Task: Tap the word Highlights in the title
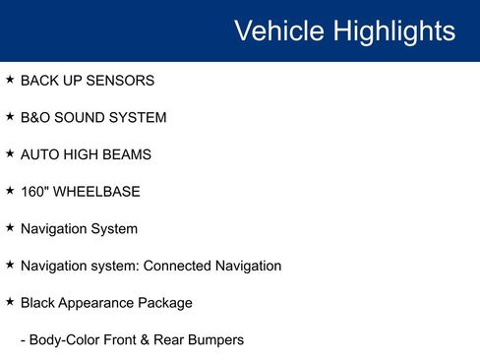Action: click(392, 30)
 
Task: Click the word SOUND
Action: click(84, 118)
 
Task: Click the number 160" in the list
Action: click(36, 192)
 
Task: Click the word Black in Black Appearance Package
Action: click(37, 303)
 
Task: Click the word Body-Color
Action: click(64, 340)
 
